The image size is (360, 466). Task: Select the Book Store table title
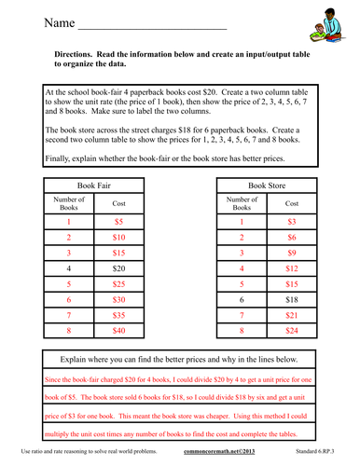269,186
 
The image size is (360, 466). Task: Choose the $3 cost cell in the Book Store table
292,223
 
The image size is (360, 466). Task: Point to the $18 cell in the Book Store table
292,299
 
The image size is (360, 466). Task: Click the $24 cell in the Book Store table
292,329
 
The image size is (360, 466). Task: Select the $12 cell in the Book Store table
292,267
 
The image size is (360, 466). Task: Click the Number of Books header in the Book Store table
242,203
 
